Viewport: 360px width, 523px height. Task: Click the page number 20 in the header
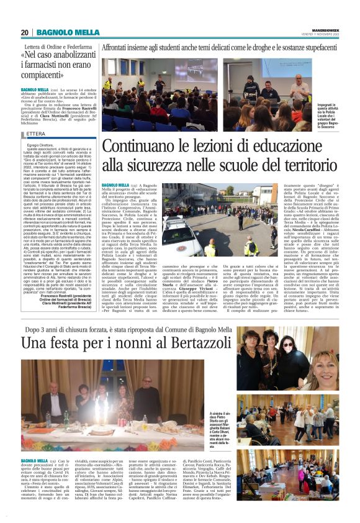point(25,32)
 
